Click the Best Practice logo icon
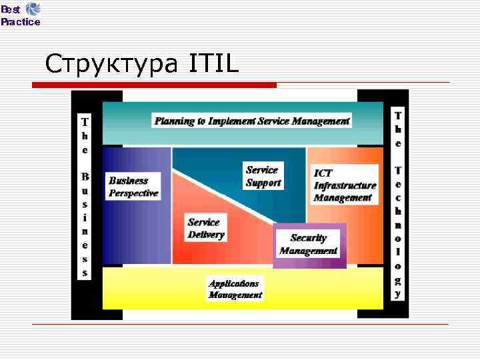pyautogui.click(x=33, y=9)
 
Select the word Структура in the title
pyautogui.click(x=111, y=65)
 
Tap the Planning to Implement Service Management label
pyautogui.click(x=252, y=121)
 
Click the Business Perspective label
pyautogui.click(x=133, y=187)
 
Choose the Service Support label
pyautogui.click(x=263, y=177)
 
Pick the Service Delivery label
pyautogui.click(x=206, y=229)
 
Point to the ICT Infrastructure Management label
pyautogui.click(x=345, y=185)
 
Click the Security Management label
pyautogui.click(x=309, y=245)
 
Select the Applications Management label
pyautogui.click(x=235, y=289)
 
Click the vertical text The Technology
pyautogui.click(x=398, y=203)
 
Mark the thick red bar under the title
pyautogui.click(x=155, y=85)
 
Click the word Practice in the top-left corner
pyautogui.click(x=21, y=22)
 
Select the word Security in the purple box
pyautogui.click(x=309, y=238)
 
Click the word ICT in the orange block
pyautogui.click(x=323, y=173)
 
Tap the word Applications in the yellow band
pyautogui.click(x=233, y=283)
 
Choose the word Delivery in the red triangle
pyautogui.click(x=206, y=235)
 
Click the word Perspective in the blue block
pyautogui.click(x=133, y=193)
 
